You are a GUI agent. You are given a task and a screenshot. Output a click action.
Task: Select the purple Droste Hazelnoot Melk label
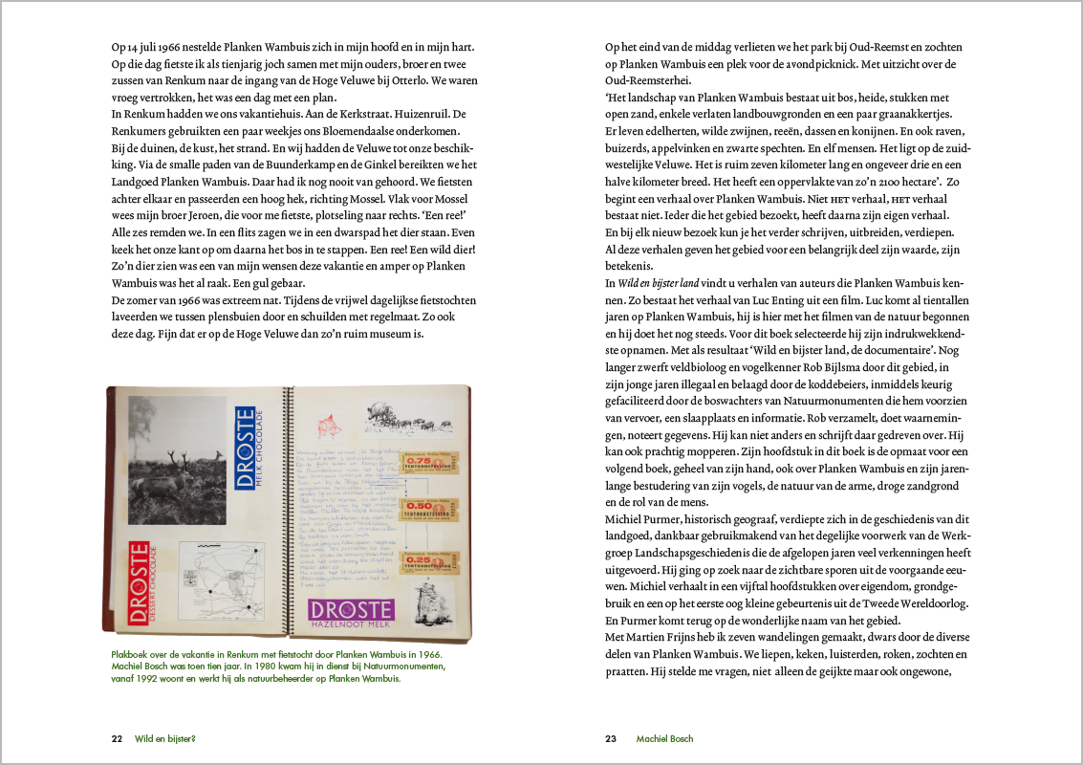350,613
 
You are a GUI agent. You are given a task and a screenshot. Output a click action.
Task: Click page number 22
117,738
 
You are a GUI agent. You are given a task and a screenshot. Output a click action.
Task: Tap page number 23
612,738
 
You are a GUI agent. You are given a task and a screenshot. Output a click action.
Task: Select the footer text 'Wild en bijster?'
171,738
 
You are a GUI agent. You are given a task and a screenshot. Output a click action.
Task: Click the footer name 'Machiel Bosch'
664,738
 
